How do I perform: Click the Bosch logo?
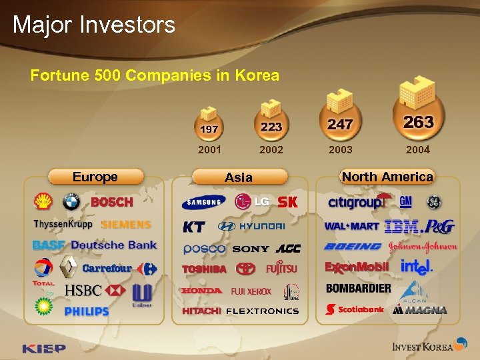(x=112, y=202)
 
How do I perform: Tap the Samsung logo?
(x=204, y=202)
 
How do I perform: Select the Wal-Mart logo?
(x=351, y=226)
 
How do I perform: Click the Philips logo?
(x=87, y=311)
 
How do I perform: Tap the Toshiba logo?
(x=205, y=269)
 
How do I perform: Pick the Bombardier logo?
(x=358, y=289)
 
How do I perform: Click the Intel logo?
(x=417, y=267)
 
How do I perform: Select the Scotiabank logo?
(x=355, y=309)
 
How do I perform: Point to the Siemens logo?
(x=126, y=225)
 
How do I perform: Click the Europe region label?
(x=95, y=177)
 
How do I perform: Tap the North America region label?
(x=387, y=177)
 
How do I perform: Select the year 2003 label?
(x=341, y=149)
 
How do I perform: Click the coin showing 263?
(x=418, y=122)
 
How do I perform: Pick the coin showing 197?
(x=209, y=127)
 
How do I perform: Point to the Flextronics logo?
(x=262, y=311)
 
